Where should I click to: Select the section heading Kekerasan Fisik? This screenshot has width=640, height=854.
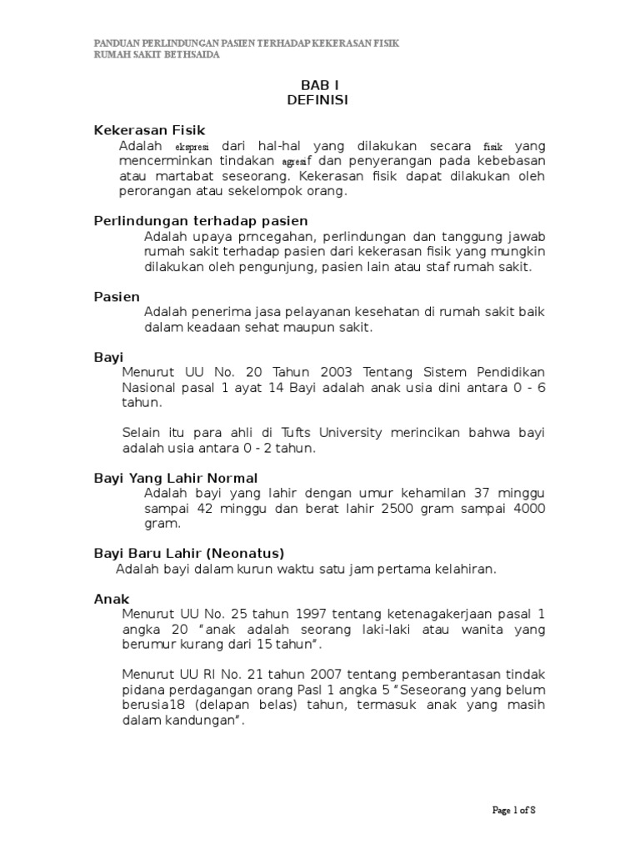coord(148,130)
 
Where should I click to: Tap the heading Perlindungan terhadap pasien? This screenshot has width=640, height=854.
coord(200,221)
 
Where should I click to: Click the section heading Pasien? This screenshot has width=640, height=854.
coord(116,297)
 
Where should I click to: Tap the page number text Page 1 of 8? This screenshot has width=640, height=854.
coord(519,810)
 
